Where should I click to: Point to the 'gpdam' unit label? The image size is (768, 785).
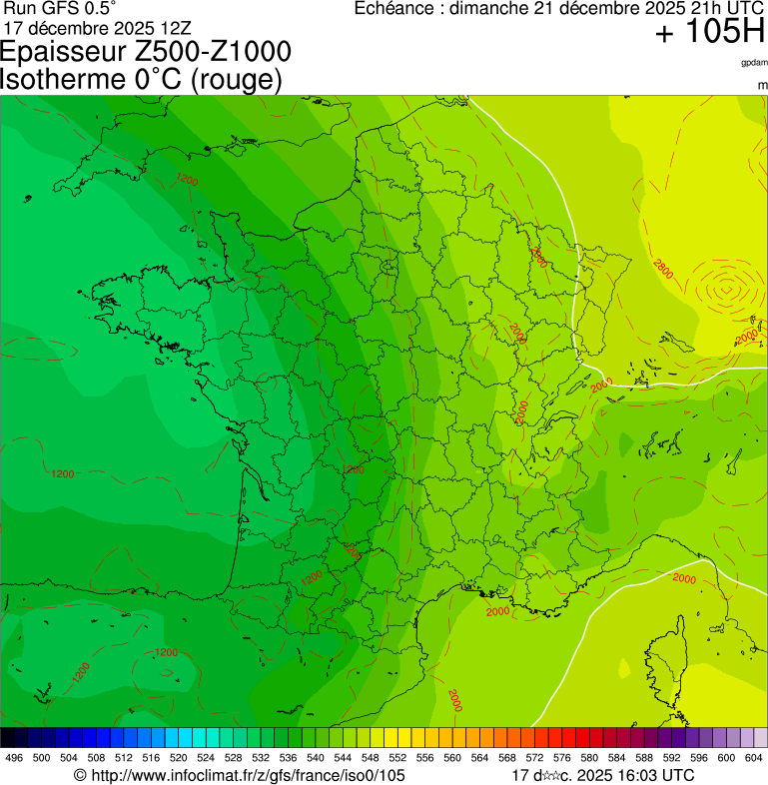click(x=754, y=63)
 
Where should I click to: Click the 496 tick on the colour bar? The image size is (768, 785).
click(x=14, y=758)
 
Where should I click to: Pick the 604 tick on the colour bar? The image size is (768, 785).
click(x=753, y=758)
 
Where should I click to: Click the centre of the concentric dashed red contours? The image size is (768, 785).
click(x=726, y=291)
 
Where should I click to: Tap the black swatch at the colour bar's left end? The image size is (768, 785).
click(x=7, y=738)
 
